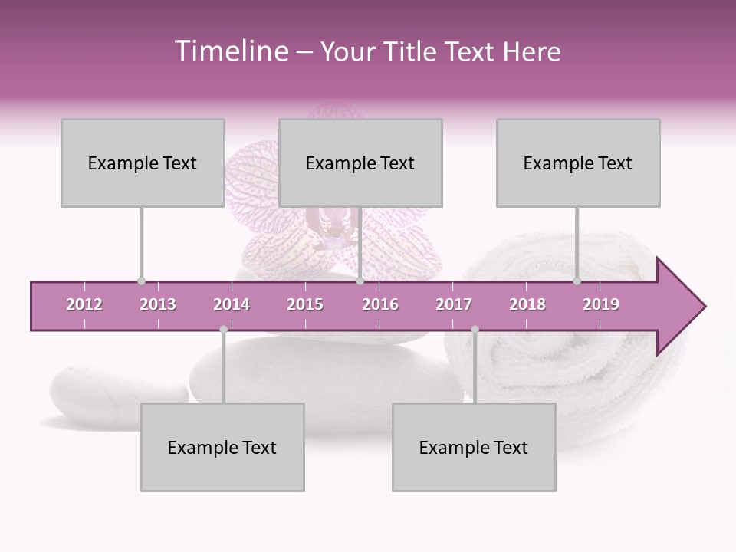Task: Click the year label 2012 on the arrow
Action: click(84, 304)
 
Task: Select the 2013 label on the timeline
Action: click(158, 304)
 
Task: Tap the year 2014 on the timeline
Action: click(232, 304)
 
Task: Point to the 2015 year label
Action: click(305, 304)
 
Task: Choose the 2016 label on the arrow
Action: click(380, 304)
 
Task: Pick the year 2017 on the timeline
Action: click(454, 304)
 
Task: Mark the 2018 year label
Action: click(527, 304)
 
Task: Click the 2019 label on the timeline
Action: click(601, 304)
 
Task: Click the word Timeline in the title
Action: click(230, 51)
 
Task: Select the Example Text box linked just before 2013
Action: click(143, 163)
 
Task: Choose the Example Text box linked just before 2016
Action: click(360, 163)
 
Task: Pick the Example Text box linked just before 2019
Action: click(578, 163)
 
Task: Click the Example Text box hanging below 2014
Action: click(222, 447)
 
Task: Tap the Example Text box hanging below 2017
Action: click(474, 447)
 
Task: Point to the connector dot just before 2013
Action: click(141, 281)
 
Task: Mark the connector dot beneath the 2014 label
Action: click(223, 330)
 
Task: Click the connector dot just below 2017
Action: click(475, 330)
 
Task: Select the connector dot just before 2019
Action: click(577, 281)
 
